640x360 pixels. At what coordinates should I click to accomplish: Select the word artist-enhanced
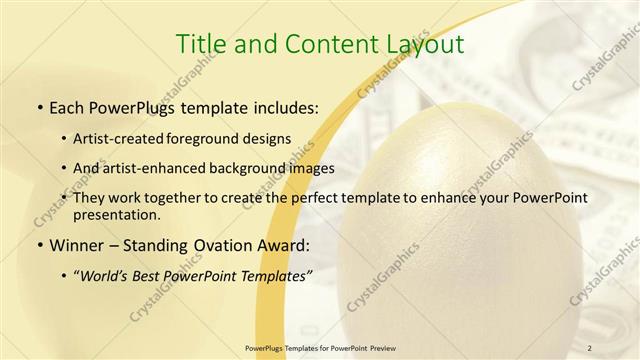point(161,168)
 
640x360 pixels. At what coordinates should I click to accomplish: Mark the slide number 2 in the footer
point(590,347)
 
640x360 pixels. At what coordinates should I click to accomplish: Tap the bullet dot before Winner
point(38,245)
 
